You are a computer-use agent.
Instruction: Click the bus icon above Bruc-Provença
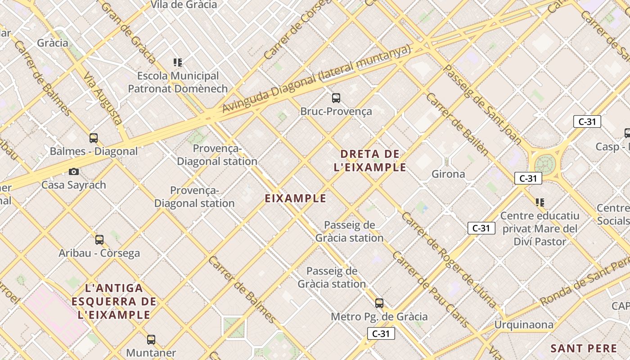336,98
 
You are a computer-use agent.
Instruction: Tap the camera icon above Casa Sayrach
74,171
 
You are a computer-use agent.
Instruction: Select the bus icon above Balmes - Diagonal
94,138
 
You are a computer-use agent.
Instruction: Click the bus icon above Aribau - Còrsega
99,239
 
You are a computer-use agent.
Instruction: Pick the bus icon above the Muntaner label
151,339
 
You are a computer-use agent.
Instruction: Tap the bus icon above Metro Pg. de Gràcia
379,303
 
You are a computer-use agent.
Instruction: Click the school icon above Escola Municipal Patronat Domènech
178,62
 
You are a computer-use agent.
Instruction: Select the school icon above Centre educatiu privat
540,202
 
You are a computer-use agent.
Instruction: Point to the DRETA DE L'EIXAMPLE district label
370,161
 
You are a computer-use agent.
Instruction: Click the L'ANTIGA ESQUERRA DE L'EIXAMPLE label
114,301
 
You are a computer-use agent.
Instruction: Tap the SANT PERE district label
584,348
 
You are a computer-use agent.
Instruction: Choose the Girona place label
448,174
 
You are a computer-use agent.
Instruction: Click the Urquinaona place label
524,324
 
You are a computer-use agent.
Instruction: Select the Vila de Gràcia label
184,5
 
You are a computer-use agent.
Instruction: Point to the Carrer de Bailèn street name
456,124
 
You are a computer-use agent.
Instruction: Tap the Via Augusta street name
103,99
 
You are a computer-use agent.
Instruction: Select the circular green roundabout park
544,163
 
